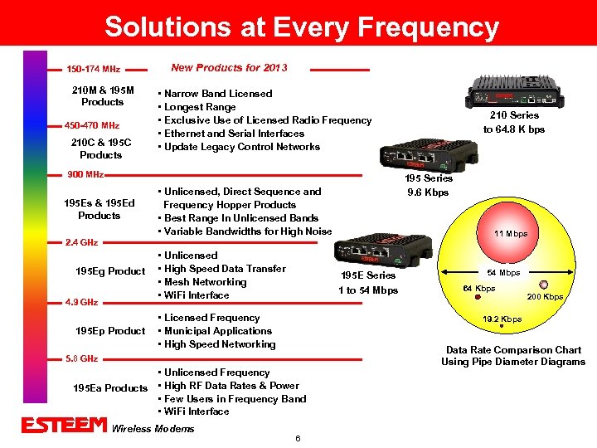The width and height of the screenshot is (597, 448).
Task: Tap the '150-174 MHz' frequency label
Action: (93, 69)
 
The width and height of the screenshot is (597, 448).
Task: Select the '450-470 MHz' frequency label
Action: (92, 125)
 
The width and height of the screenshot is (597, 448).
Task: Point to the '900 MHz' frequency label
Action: (85, 174)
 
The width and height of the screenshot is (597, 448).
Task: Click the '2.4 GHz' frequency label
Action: (81, 242)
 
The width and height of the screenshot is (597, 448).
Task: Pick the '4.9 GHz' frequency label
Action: (81, 302)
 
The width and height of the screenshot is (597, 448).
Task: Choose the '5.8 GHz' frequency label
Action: (81, 358)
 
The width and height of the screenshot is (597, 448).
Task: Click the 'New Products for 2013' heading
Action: (229, 67)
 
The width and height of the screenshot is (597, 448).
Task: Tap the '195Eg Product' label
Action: (110, 271)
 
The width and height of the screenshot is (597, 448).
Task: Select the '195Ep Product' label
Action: (110, 331)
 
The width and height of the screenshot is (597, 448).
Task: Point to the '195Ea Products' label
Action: (110, 388)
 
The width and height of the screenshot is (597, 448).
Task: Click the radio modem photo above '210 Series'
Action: (513, 92)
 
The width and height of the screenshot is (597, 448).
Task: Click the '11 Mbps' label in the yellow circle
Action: (511, 233)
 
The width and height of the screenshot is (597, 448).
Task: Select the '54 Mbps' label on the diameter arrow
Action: (503, 272)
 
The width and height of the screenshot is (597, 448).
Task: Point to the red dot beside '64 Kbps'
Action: (465, 295)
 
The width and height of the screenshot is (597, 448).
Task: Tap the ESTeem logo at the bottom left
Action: (65, 425)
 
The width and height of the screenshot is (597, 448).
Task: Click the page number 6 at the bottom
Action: (297, 437)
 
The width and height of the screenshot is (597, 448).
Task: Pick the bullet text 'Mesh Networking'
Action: (206, 282)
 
